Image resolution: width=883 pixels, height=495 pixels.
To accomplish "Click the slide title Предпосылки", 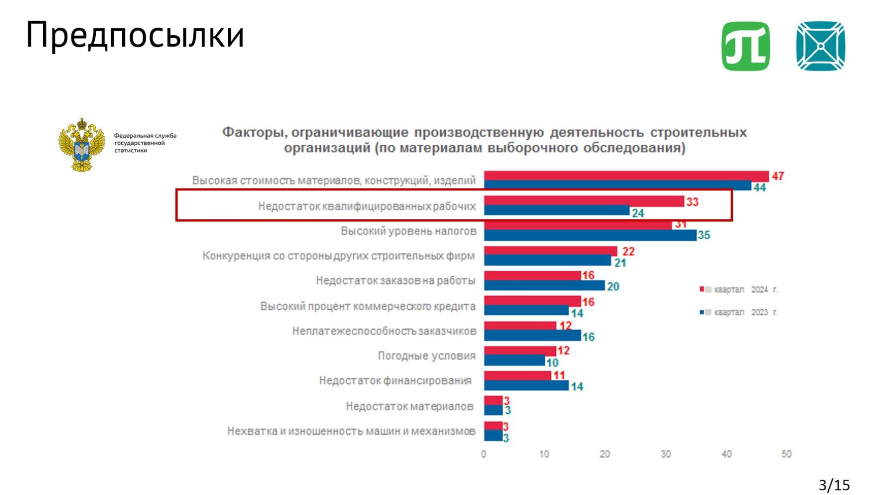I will pos(135,35).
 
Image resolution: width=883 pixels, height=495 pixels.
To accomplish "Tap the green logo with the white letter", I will pos(745,46).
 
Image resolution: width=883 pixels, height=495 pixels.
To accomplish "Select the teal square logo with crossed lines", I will pos(820,46).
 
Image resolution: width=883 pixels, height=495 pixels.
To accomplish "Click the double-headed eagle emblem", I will pos(82,145).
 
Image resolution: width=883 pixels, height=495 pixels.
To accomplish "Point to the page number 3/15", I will pos(834,485).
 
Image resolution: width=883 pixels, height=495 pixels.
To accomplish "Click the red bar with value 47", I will pos(626,176).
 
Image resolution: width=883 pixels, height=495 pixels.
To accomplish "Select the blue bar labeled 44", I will pos(617,186).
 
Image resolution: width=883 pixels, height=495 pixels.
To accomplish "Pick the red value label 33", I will pos(692,202).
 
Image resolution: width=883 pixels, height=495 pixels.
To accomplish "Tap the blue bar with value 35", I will pos(590,235).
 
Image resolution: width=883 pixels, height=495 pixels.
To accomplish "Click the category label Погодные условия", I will pos(427,356).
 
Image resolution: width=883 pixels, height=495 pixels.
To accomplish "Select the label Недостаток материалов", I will pos(409,406).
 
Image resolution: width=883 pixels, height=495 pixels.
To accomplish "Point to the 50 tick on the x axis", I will pos(786,454).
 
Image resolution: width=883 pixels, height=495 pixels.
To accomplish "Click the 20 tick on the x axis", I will pos(605,454).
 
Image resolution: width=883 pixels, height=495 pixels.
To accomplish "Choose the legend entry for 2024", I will pos(739,290).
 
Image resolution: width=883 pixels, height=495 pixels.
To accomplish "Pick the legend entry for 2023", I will pos(739,312).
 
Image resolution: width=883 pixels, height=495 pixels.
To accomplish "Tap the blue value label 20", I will pos(613,287).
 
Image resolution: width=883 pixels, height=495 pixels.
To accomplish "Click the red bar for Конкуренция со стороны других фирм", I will pos(550,251).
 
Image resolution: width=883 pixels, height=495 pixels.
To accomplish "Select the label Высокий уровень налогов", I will pos(409,231).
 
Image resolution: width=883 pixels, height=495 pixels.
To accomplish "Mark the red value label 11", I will pos(559,375).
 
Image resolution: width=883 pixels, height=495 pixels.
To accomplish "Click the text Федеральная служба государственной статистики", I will pos(145,143).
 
